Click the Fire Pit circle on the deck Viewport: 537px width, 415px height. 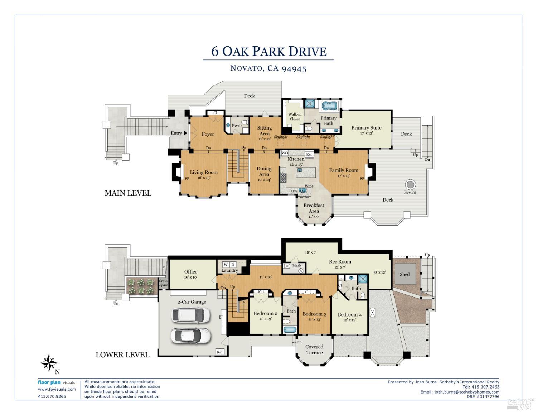(x=410, y=185)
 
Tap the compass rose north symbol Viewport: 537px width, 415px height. (x=49, y=363)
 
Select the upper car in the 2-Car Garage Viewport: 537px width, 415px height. (x=188, y=315)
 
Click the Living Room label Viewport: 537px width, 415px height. (x=203, y=172)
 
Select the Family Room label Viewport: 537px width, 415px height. (x=344, y=170)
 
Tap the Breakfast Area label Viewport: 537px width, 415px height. (x=314, y=206)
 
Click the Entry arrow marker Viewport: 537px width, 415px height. (x=185, y=133)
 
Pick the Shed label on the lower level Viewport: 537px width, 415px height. (x=405, y=274)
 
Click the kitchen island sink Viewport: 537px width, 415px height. (x=299, y=171)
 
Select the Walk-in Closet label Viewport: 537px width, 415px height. (x=295, y=117)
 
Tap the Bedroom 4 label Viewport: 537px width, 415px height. (x=349, y=315)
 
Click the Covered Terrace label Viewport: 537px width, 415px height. (x=314, y=349)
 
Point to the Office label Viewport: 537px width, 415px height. (x=191, y=272)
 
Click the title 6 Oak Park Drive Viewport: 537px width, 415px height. (x=268, y=51)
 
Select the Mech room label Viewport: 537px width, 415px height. (x=297, y=266)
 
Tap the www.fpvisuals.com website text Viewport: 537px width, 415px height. (x=57, y=389)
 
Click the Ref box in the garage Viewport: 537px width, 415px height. (x=220, y=352)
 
